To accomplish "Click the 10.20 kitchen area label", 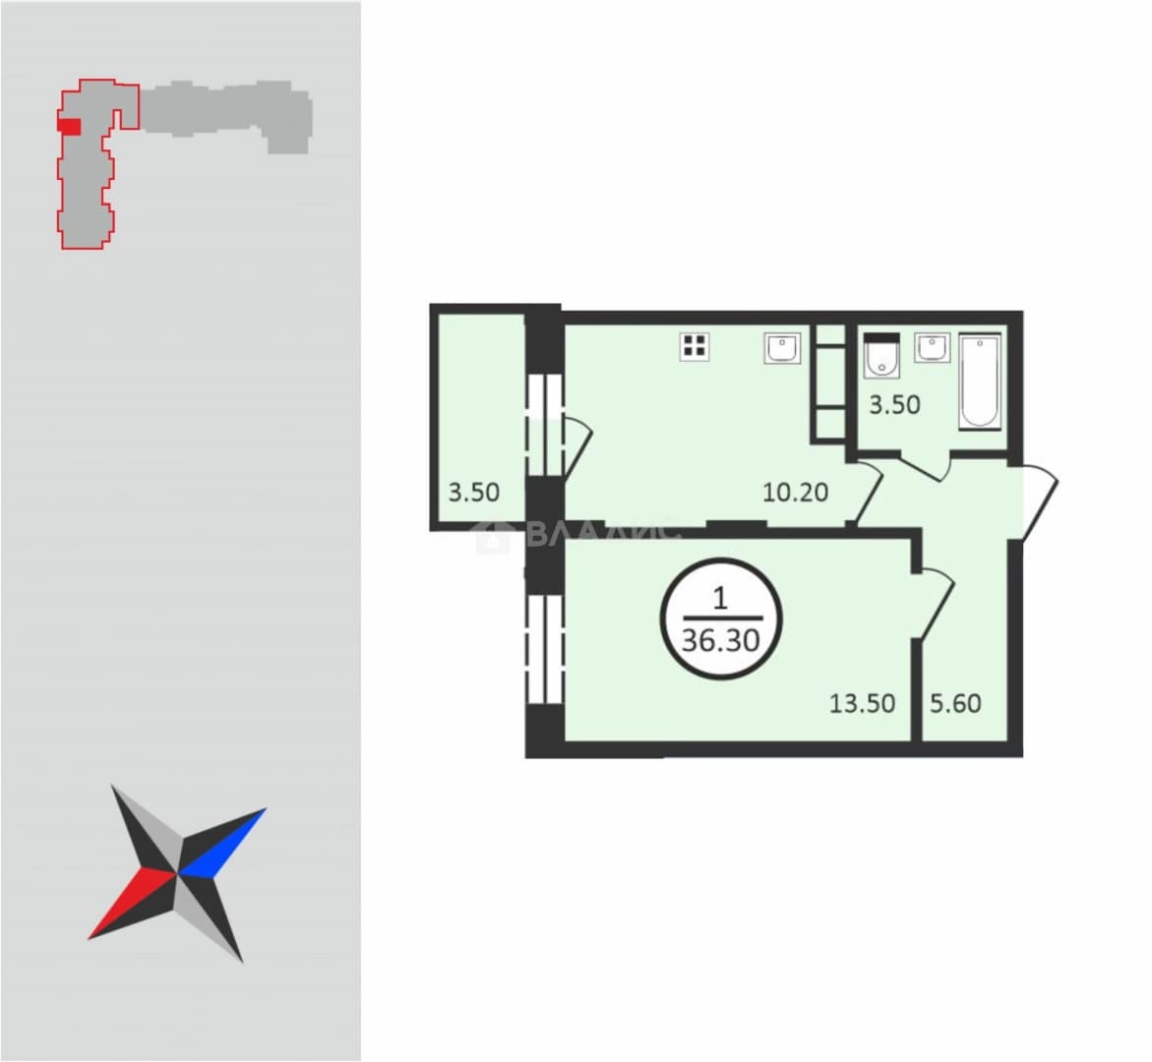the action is tap(796, 492).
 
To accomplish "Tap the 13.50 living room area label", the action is tap(863, 703).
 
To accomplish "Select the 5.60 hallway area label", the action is tap(956, 703).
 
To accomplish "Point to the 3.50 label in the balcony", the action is tap(474, 492).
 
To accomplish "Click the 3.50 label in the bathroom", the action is tap(895, 405).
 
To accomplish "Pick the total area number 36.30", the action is tap(721, 640).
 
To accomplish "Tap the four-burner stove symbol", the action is tap(695, 345).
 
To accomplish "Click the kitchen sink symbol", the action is tap(782, 348).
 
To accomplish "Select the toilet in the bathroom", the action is tap(880, 355).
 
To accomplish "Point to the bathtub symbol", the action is tap(980, 382).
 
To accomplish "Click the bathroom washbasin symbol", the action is tap(933, 347).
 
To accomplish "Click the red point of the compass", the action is tap(131, 904).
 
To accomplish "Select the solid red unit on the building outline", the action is tap(69, 126).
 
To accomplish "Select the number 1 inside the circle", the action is tap(720, 599).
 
